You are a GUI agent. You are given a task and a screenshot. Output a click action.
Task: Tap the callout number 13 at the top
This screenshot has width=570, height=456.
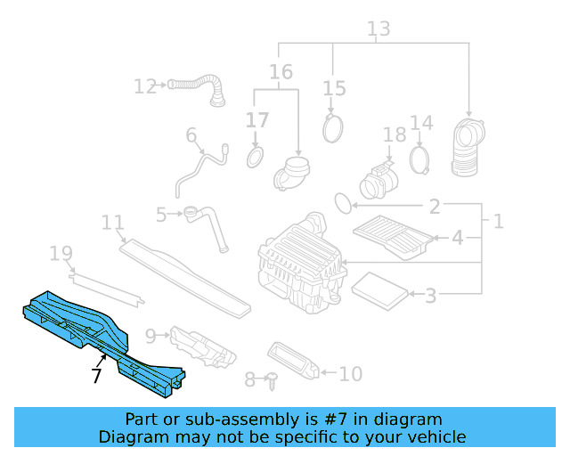[379, 29]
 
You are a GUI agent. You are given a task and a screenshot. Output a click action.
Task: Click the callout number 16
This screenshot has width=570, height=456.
[281, 71]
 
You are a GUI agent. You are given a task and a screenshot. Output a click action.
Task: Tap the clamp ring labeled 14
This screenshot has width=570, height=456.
[420, 160]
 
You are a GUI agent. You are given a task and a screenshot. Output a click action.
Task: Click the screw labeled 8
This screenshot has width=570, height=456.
[273, 380]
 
